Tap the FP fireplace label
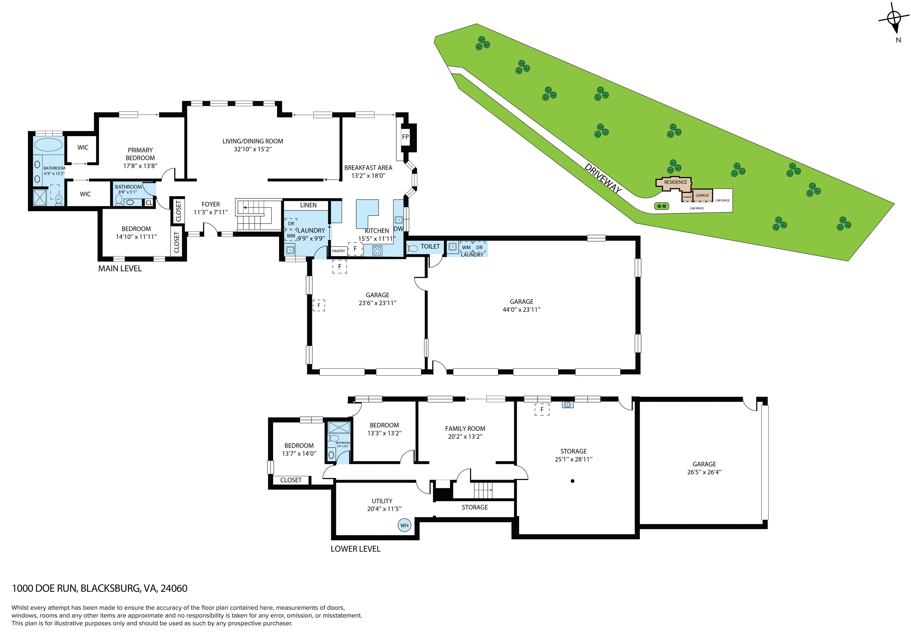pos(405,137)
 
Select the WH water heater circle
pos(404,525)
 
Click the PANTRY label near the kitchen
pos(338,251)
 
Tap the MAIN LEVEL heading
pos(120,269)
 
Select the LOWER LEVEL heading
pos(356,549)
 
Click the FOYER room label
pos(211,204)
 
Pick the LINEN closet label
pos(308,205)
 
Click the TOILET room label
pos(430,247)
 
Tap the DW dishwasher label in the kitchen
pos(398,229)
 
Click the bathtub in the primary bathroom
pos(48,145)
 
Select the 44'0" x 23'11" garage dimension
pos(521,309)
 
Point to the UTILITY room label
pos(382,501)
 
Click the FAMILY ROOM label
pos(465,429)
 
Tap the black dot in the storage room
pos(573,481)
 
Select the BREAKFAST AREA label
pos(368,168)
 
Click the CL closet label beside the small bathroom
pos(149,203)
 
